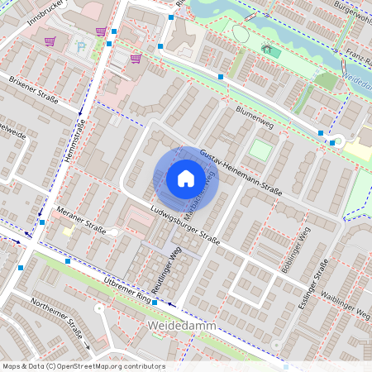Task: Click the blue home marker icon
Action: click(x=185, y=179)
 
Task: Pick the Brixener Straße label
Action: click(x=33, y=90)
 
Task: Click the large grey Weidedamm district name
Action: click(x=182, y=327)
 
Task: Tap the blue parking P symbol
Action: click(x=80, y=46)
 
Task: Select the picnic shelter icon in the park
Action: click(x=267, y=49)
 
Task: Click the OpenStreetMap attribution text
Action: click(x=83, y=366)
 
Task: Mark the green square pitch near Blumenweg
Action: click(x=260, y=150)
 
